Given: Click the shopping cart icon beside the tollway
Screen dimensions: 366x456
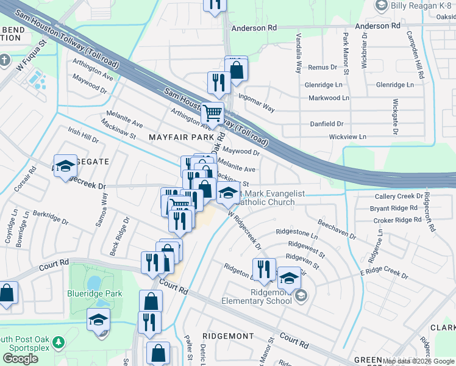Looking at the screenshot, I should click(212, 112).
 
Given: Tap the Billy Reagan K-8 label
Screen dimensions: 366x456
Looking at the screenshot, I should click(421, 5).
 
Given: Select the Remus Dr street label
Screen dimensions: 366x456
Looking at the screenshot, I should click(322, 67).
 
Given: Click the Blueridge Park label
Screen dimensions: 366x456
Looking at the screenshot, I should click(95, 293).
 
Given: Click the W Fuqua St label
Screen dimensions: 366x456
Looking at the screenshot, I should click(32, 56).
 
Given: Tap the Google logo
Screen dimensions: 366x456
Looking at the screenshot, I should click(21, 359).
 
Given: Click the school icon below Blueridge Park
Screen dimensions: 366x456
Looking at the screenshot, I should click(98, 319).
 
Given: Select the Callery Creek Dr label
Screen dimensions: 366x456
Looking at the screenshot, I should click(399, 196).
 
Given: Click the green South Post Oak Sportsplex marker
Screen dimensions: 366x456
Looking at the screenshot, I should click(58, 341).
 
